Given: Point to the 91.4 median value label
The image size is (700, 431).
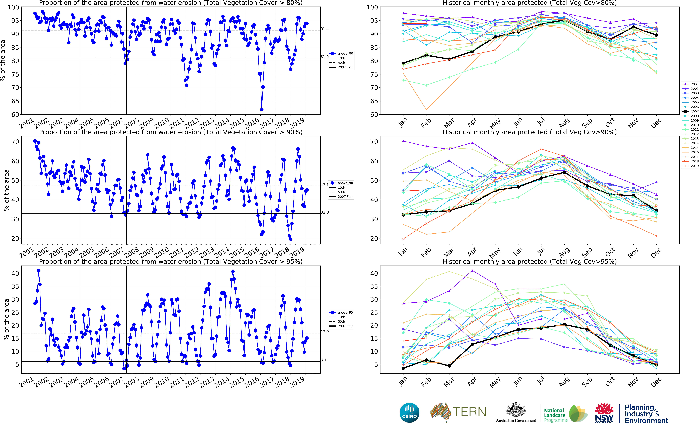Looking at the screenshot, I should pyautogui.click(x=324, y=29).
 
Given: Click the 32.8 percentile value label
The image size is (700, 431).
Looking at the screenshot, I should pyautogui.click(x=324, y=212).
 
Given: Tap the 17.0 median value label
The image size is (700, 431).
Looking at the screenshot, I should pyautogui.click(x=324, y=331).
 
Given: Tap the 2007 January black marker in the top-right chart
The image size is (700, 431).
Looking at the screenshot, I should pyautogui.click(x=403, y=63).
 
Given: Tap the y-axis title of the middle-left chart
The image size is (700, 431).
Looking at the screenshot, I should pyautogui.click(x=6, y=190).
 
